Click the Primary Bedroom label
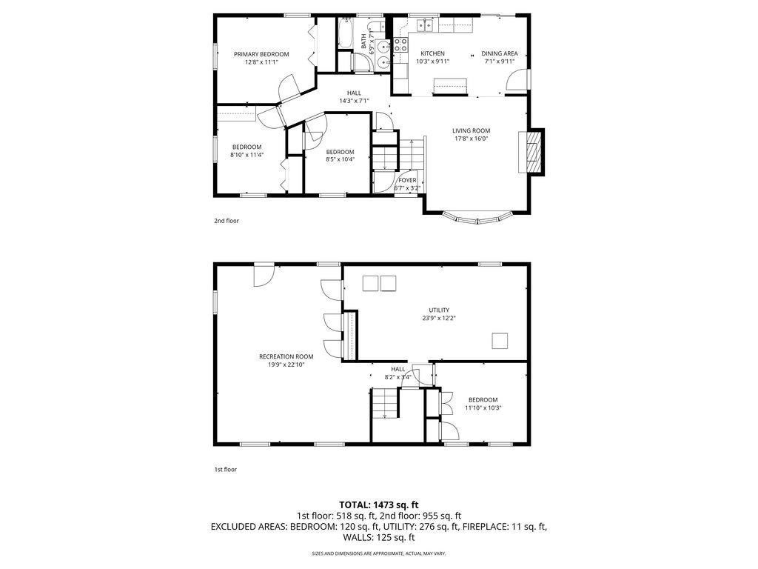pyautogui.click(x=261, y=54)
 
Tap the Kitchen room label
pyautogui.click(x=432, y=53)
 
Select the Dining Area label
pyautogui.click(x=500, y=53)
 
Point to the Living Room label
pyautogui.click(x=471, y=130)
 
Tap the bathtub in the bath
pyautogui.click(x=345, y=33)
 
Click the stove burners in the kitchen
pyautogui.click(x=400, y=45)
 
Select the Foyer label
pyautogui.click(x=407, y=180)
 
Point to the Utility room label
pyautogui.click(x=439, y=310)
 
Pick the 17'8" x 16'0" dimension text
pyautogui.click(x=471, y=139)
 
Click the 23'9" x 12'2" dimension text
pyautogui.click(x=439, y=318)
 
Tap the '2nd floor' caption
pyautogui.click(x=227, y=221)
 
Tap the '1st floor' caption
pyautogui.click(x=225, y=469)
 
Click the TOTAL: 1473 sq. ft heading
pyautogui.click(x=378, y=505)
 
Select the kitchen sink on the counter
pyautogui.click(x=426, y=24)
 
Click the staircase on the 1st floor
pyautogui.click(x=385, y=403)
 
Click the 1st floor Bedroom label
pyautogui.click(x=483, y=399)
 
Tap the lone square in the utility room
pyautogui.click(x=500, y=341)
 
